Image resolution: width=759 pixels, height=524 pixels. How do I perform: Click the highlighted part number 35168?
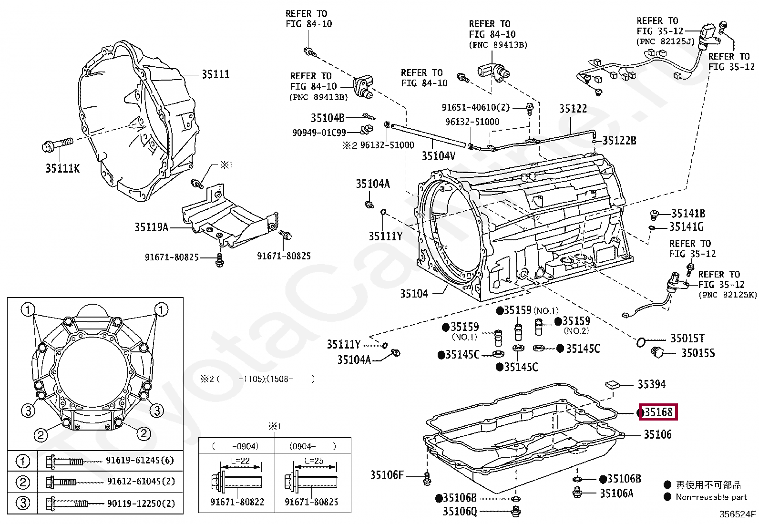659,412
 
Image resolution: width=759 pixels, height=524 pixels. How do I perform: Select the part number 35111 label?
215,74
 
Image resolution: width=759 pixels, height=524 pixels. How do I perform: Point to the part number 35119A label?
151,227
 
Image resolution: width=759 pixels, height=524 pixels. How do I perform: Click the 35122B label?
619,141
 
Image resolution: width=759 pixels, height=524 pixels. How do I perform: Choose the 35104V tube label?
438,156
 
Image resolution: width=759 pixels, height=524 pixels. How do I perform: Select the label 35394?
652,384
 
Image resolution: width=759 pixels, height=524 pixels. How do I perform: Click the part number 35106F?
387,475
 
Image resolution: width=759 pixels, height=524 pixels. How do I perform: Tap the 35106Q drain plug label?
460,511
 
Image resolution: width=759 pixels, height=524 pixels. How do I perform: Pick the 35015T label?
687,339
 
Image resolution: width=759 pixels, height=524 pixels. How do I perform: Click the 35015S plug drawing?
657,352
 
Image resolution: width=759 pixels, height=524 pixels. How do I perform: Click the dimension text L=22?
243,461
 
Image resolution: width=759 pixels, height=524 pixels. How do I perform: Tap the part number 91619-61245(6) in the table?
140,461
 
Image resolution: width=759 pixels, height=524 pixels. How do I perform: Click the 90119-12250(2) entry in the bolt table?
141,503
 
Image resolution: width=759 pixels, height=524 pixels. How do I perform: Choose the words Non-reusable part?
711,497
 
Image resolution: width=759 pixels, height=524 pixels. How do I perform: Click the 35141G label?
686,227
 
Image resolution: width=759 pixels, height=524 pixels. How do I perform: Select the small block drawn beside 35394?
612,384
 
